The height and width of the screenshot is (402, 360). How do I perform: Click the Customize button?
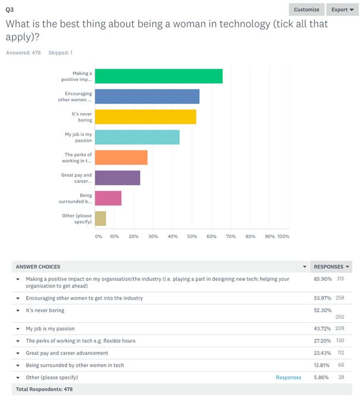click(x=306, y=10)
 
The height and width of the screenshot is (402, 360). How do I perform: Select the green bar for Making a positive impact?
click(x=158, y=76)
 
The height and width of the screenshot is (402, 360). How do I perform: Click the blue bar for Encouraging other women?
click(x=147, y=96)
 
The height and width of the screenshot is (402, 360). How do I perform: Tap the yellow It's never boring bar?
click(x=145, y=117)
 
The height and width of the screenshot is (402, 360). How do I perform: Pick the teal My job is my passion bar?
click(x=137, y=137)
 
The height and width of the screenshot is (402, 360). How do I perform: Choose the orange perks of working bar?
click(x=121, y=157)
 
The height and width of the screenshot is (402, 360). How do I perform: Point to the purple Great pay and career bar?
click(x=117, y=177)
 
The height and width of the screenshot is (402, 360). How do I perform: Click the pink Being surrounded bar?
click(x=108, y=198)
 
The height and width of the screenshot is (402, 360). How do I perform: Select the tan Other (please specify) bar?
click(x=100, y=218)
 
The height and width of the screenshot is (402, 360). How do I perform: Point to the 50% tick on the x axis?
click(x=192, y=236)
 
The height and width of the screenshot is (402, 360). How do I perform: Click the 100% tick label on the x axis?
click(x=283, y=236)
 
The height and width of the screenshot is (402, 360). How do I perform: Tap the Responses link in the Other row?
click(x=289, y=377)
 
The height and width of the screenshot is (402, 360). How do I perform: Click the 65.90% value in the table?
click(x=322, y=278)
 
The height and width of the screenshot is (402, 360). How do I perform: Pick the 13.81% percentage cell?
click(x=322, y=365)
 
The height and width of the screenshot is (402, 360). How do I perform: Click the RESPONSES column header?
click(x=329, y=266)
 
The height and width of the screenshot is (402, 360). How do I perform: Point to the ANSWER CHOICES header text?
click(x=38, y=266)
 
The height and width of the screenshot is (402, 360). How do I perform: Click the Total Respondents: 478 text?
click(x=44, y=389)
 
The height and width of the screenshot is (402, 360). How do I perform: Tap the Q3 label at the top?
click(x=10, y=9)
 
